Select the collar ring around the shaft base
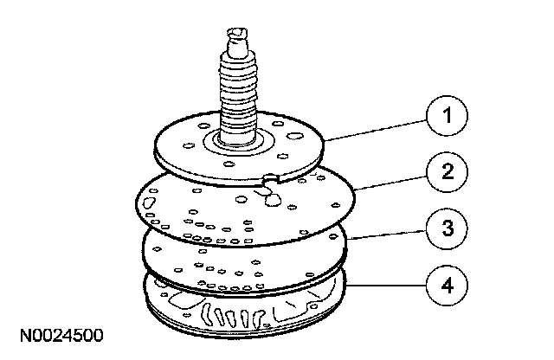pos(236,141)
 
